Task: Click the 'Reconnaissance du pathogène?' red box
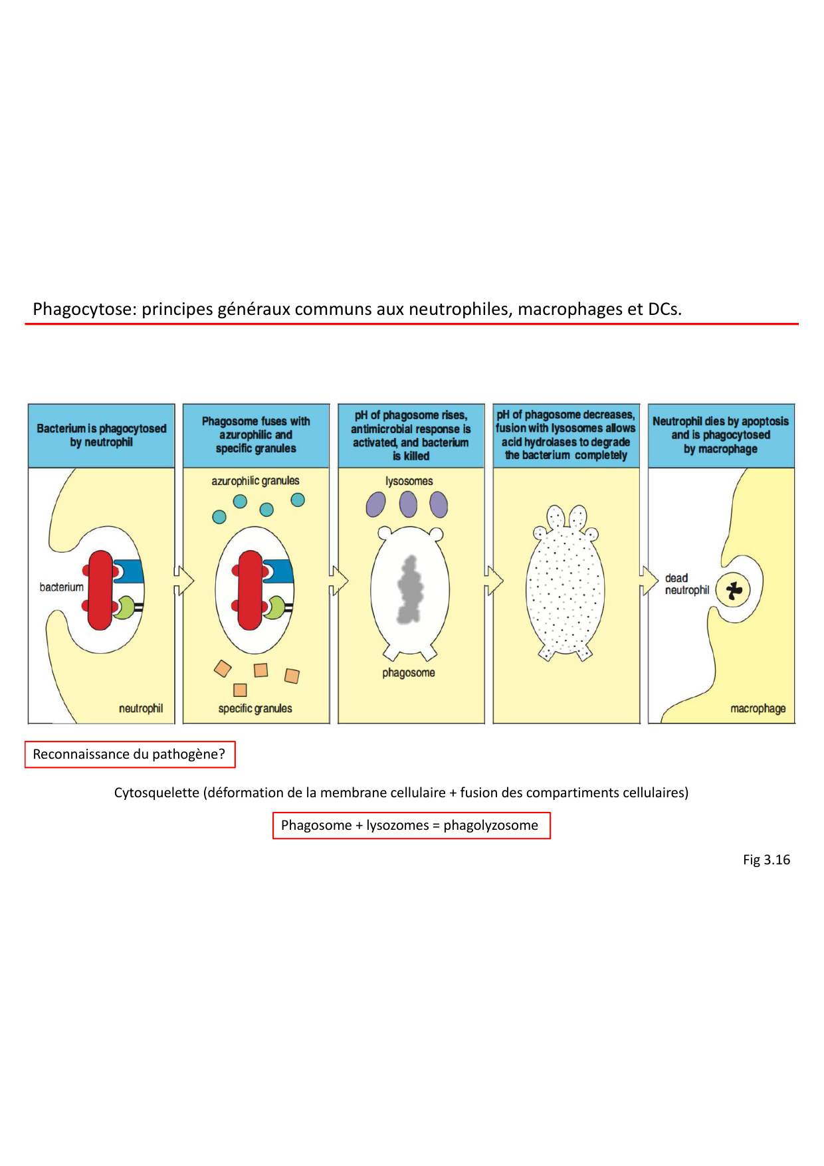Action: (130, 755)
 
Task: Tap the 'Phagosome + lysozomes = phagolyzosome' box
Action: (411, 826)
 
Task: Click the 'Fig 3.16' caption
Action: (766, 860)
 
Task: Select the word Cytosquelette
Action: (156, 793)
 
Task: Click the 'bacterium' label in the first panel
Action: (61, 587)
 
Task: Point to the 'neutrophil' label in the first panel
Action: (140, 709)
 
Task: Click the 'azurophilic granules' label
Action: (255, 481)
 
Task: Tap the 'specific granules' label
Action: (255, 709)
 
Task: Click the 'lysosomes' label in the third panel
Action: (409, 481)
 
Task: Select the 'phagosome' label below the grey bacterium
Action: (408, 673)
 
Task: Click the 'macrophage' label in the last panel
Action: (758, 709)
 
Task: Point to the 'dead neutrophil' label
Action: (686, 585)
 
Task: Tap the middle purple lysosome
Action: (408, 504)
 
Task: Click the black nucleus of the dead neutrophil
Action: (734, 590)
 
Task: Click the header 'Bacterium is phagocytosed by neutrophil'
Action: (102, 435)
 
